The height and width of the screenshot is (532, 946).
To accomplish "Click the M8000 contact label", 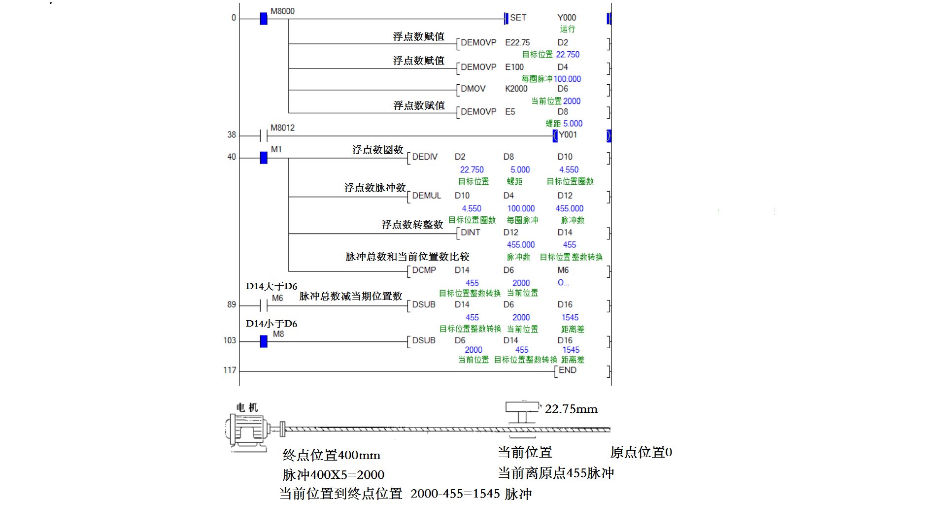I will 282,11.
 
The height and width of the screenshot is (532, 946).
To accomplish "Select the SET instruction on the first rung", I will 518,18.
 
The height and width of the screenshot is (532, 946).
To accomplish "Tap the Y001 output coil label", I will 568,135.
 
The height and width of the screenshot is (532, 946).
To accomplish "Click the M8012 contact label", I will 282,128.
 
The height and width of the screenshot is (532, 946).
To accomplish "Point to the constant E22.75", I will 517,43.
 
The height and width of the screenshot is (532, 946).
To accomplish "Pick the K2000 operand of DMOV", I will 516,89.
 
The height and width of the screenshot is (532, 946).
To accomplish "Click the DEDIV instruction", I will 425,157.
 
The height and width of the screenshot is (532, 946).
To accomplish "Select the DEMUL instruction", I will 426,196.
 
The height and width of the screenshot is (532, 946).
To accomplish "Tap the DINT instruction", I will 470,233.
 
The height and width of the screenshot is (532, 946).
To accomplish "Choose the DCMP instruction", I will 424,270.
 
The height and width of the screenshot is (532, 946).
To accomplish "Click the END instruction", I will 567,370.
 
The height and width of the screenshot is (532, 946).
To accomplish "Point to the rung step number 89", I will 232,304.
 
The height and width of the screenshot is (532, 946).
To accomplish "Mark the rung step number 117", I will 230,370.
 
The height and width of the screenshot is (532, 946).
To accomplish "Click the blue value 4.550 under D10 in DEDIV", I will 569,169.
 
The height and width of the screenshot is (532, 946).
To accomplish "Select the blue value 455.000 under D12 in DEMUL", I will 569,208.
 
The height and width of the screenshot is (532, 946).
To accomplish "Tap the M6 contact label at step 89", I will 277,298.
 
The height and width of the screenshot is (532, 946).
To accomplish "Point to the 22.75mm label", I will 571,409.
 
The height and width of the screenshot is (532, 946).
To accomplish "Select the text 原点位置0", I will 641,452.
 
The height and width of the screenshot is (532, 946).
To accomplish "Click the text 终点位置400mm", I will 331,455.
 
